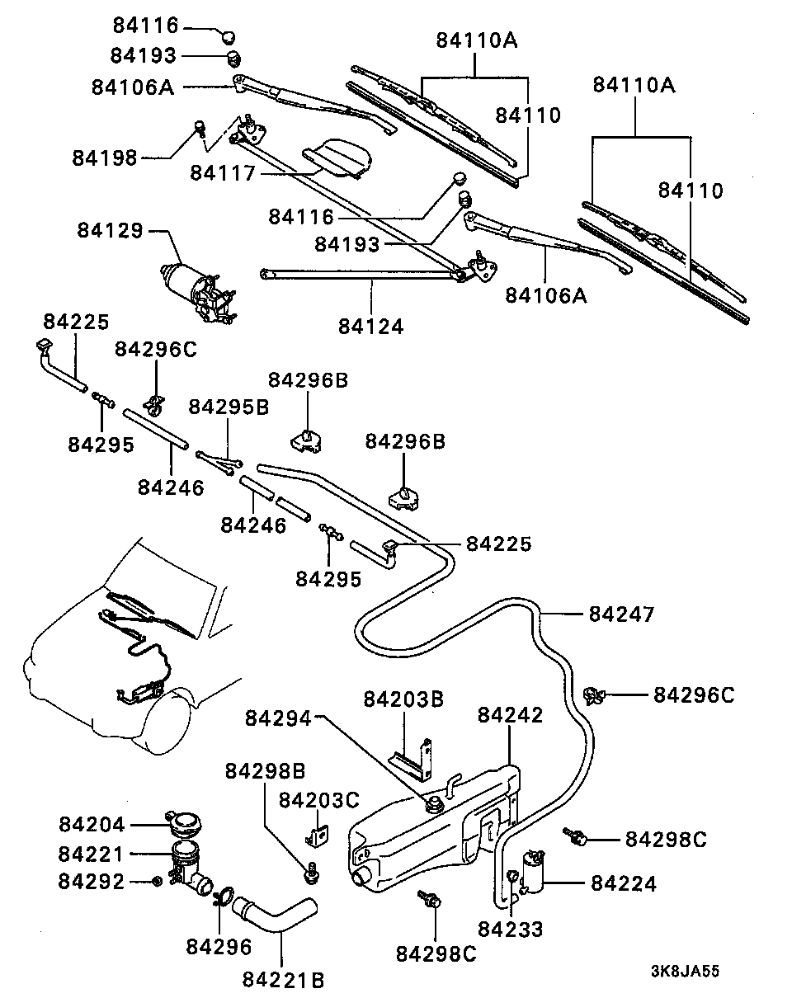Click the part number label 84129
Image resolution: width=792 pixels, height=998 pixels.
[x=111, y=230]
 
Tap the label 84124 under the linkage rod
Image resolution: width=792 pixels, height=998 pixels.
[x=370, y=326]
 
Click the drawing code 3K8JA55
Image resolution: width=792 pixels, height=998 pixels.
[x=684, y=971]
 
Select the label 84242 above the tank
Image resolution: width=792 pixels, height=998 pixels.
[x=510, y=715]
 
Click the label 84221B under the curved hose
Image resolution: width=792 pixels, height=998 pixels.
[x=283, y=980]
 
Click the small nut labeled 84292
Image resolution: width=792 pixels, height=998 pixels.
[x=157, y=882]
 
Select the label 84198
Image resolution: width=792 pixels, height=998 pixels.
[x=105, y=157]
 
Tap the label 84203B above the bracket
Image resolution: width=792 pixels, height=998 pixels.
[x=403, y=700]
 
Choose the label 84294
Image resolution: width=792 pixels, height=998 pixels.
[x=278, y=718]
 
